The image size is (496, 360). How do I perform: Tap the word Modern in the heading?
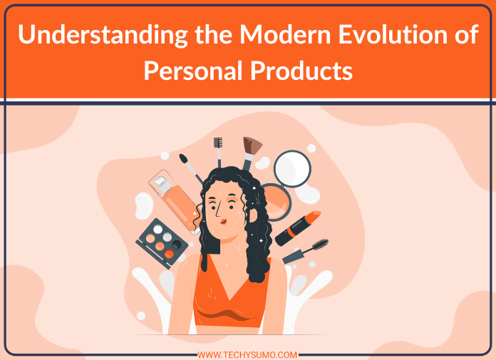click(285, 34)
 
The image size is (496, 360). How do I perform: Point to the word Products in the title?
click(301, 70)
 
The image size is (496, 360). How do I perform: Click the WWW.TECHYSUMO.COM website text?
click(247, 355)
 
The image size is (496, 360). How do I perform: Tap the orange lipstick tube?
click(298, 228)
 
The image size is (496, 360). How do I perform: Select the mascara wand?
click(305, 252)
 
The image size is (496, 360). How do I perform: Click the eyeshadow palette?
click(162, 243)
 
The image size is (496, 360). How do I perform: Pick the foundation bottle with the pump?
click(175, 200)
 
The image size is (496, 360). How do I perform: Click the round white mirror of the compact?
click(292, 169)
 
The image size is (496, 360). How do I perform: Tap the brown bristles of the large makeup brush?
click(252, 145)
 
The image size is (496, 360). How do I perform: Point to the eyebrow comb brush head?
click(218, 143)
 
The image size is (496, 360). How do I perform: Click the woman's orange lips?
click(223, 222)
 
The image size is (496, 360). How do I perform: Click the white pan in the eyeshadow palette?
click(157, 230)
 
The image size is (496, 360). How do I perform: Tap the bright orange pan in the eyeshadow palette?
click(169, 254)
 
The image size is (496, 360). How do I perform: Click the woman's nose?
click(218, 211)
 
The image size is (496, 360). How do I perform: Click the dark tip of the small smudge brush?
click(183, 158)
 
